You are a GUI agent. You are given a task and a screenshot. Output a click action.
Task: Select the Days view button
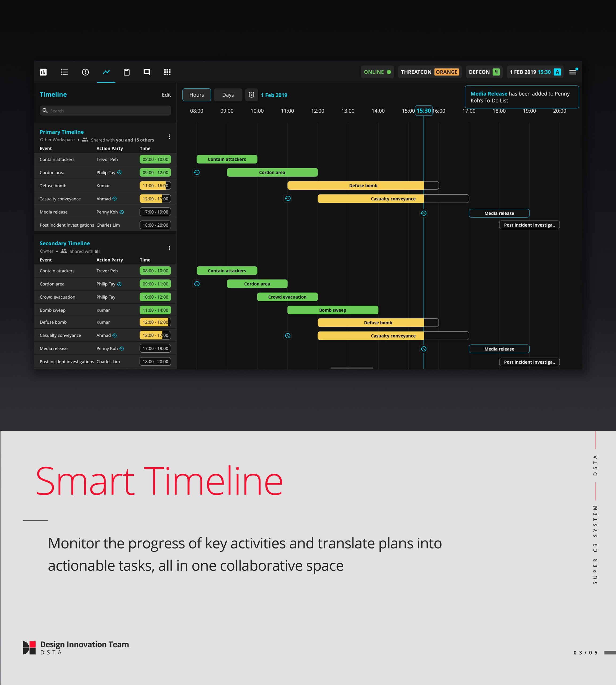click(228, 95)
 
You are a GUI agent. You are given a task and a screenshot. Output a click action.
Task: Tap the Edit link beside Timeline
click(166, 95)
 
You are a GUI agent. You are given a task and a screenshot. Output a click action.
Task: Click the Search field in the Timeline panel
click(105, 111)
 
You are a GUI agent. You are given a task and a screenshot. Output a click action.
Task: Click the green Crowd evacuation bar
click(287, 297)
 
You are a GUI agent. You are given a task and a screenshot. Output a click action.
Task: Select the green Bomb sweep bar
click(333, 310)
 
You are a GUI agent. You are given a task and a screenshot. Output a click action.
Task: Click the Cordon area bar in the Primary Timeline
click(272, 172)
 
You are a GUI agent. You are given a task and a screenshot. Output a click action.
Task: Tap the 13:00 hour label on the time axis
click(348, 111)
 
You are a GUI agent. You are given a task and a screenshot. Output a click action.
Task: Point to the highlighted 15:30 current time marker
click(423, 111)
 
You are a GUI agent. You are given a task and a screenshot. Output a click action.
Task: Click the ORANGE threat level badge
click(446, 72)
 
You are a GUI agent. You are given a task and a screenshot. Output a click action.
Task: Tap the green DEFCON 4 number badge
click(496, 72)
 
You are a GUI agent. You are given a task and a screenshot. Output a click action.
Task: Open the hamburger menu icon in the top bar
click(573, 72)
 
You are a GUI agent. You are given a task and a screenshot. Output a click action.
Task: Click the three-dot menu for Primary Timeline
click(169, 137)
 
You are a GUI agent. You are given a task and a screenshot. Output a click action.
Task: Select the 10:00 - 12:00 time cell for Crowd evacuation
click(155, 297)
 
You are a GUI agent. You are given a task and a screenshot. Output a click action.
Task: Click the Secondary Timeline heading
click(65, 243)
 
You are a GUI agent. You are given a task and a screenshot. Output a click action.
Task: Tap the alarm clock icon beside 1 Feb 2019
click(252, 95)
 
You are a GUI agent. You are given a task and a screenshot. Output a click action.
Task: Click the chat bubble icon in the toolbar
click(147, 72)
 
